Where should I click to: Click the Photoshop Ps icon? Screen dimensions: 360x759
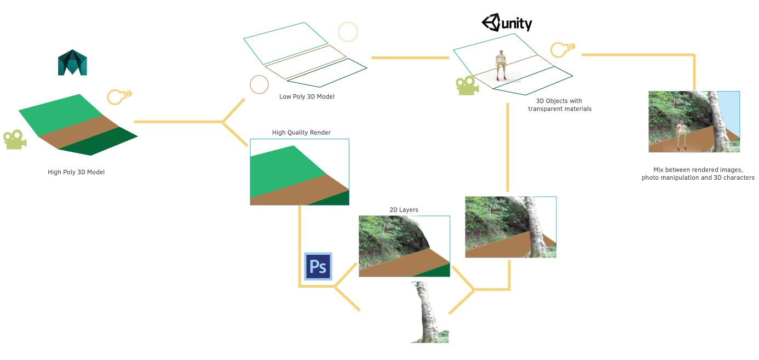click(x=318, y=266)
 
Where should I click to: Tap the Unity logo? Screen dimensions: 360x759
click(x=507, y=23)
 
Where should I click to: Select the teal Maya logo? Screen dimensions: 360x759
click(x=72, y=62)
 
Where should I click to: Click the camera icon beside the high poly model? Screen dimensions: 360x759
click(x=15, y=139)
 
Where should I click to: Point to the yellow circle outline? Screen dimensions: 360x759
click(x=348, y=32)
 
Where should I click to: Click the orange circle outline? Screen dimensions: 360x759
click(x=259, y=84)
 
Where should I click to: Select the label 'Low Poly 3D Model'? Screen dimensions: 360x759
click(x=307, y=97)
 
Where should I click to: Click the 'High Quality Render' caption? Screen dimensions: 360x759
click(x=301, y=133)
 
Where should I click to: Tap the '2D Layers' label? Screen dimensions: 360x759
click(x=404, y=210)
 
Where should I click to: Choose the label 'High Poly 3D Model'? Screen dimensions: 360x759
click(x=76, y=172)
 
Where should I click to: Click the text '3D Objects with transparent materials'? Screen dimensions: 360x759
click(x=559, y=105)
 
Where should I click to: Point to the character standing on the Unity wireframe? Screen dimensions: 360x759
click(x=500, y=65)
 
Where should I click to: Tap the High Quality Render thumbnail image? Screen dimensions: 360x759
click(x=300, y=172)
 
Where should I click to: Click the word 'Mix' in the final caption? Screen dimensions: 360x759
click(x=659, y=170)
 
